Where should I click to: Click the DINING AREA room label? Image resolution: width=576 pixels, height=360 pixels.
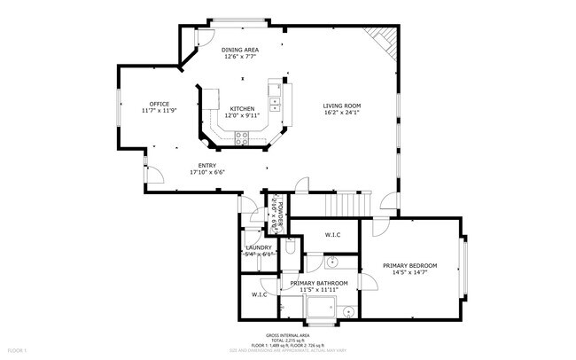pos(239,51)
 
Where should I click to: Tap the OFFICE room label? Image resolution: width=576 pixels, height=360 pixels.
pos(160,104)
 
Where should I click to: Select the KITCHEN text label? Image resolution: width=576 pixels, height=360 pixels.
pos(242,108)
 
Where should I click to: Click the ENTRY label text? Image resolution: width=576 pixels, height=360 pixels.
pos(207,165)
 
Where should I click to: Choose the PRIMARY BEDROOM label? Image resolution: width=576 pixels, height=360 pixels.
pos(410,265)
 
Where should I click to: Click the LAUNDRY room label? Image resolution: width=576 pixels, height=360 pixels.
pos(259,247)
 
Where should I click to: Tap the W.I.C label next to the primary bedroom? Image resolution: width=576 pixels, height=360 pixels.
pos(333,235)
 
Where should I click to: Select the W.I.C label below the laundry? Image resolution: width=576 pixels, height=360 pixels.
pos(259,294)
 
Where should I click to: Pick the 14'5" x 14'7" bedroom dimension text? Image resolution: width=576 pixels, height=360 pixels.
pos(410,272)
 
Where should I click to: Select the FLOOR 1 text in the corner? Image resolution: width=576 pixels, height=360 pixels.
pos(14,352)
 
